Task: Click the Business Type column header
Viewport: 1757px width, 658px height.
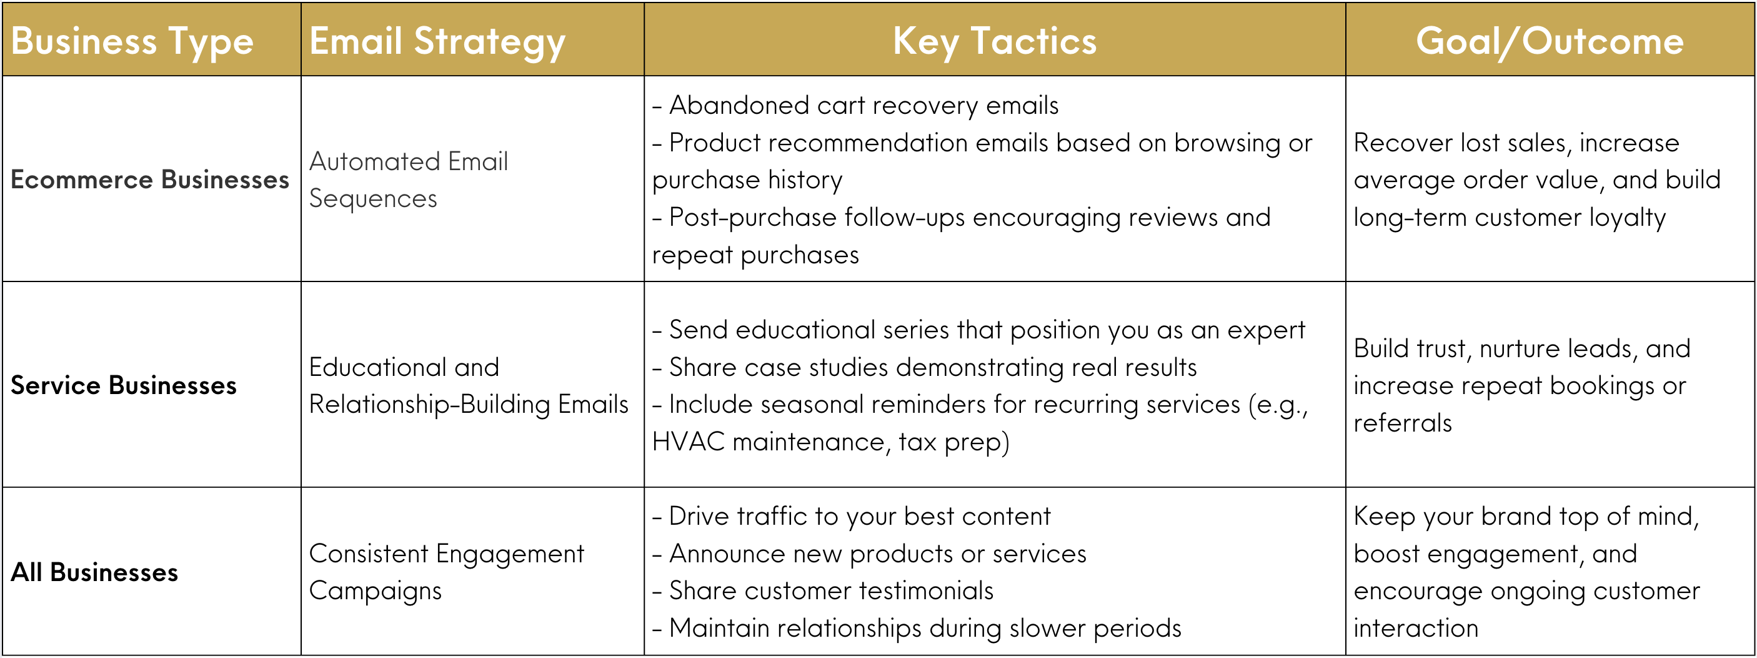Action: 132,41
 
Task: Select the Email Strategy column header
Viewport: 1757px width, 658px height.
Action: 437,41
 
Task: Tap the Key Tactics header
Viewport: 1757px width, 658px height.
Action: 995,41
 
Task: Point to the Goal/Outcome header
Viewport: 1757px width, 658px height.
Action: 1550,41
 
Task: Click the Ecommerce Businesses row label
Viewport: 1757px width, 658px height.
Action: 150,180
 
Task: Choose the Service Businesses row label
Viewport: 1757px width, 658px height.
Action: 124,386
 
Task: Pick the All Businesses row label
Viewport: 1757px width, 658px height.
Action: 94,572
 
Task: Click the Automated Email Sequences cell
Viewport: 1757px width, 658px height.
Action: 408,180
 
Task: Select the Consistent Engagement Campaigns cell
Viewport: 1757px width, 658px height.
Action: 446,572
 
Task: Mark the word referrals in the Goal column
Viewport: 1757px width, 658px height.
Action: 1402,423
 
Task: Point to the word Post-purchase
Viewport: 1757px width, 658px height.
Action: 752,218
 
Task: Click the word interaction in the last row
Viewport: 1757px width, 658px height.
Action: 1415,628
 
